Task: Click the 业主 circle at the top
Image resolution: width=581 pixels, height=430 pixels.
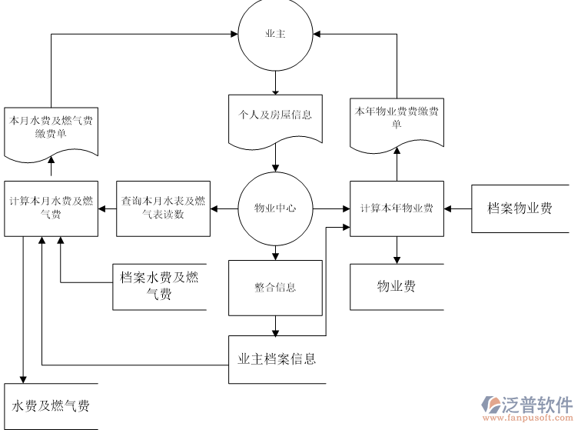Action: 275,35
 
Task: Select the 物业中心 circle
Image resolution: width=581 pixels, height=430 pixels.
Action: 275,208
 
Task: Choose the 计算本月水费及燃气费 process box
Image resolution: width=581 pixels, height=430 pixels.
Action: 51,208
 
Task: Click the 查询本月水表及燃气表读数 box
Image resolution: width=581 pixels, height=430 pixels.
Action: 163,208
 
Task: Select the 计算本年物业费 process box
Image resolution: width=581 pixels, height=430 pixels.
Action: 397,208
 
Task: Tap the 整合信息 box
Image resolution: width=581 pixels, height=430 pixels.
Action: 275,288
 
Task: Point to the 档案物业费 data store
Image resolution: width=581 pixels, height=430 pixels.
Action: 520,208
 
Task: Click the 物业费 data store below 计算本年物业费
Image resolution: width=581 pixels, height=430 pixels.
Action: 397,287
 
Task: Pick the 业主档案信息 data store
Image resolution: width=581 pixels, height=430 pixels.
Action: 277,358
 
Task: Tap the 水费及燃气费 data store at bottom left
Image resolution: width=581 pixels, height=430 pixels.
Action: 51,405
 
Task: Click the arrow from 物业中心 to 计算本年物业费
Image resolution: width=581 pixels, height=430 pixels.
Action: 331,208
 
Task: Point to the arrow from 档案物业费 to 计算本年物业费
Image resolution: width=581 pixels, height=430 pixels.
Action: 458,208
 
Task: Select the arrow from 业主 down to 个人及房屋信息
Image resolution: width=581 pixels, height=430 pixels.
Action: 275,81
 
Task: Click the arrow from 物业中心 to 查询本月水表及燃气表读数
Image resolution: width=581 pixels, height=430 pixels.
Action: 224,208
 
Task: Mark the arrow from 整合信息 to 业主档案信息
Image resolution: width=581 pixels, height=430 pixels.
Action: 275,325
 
